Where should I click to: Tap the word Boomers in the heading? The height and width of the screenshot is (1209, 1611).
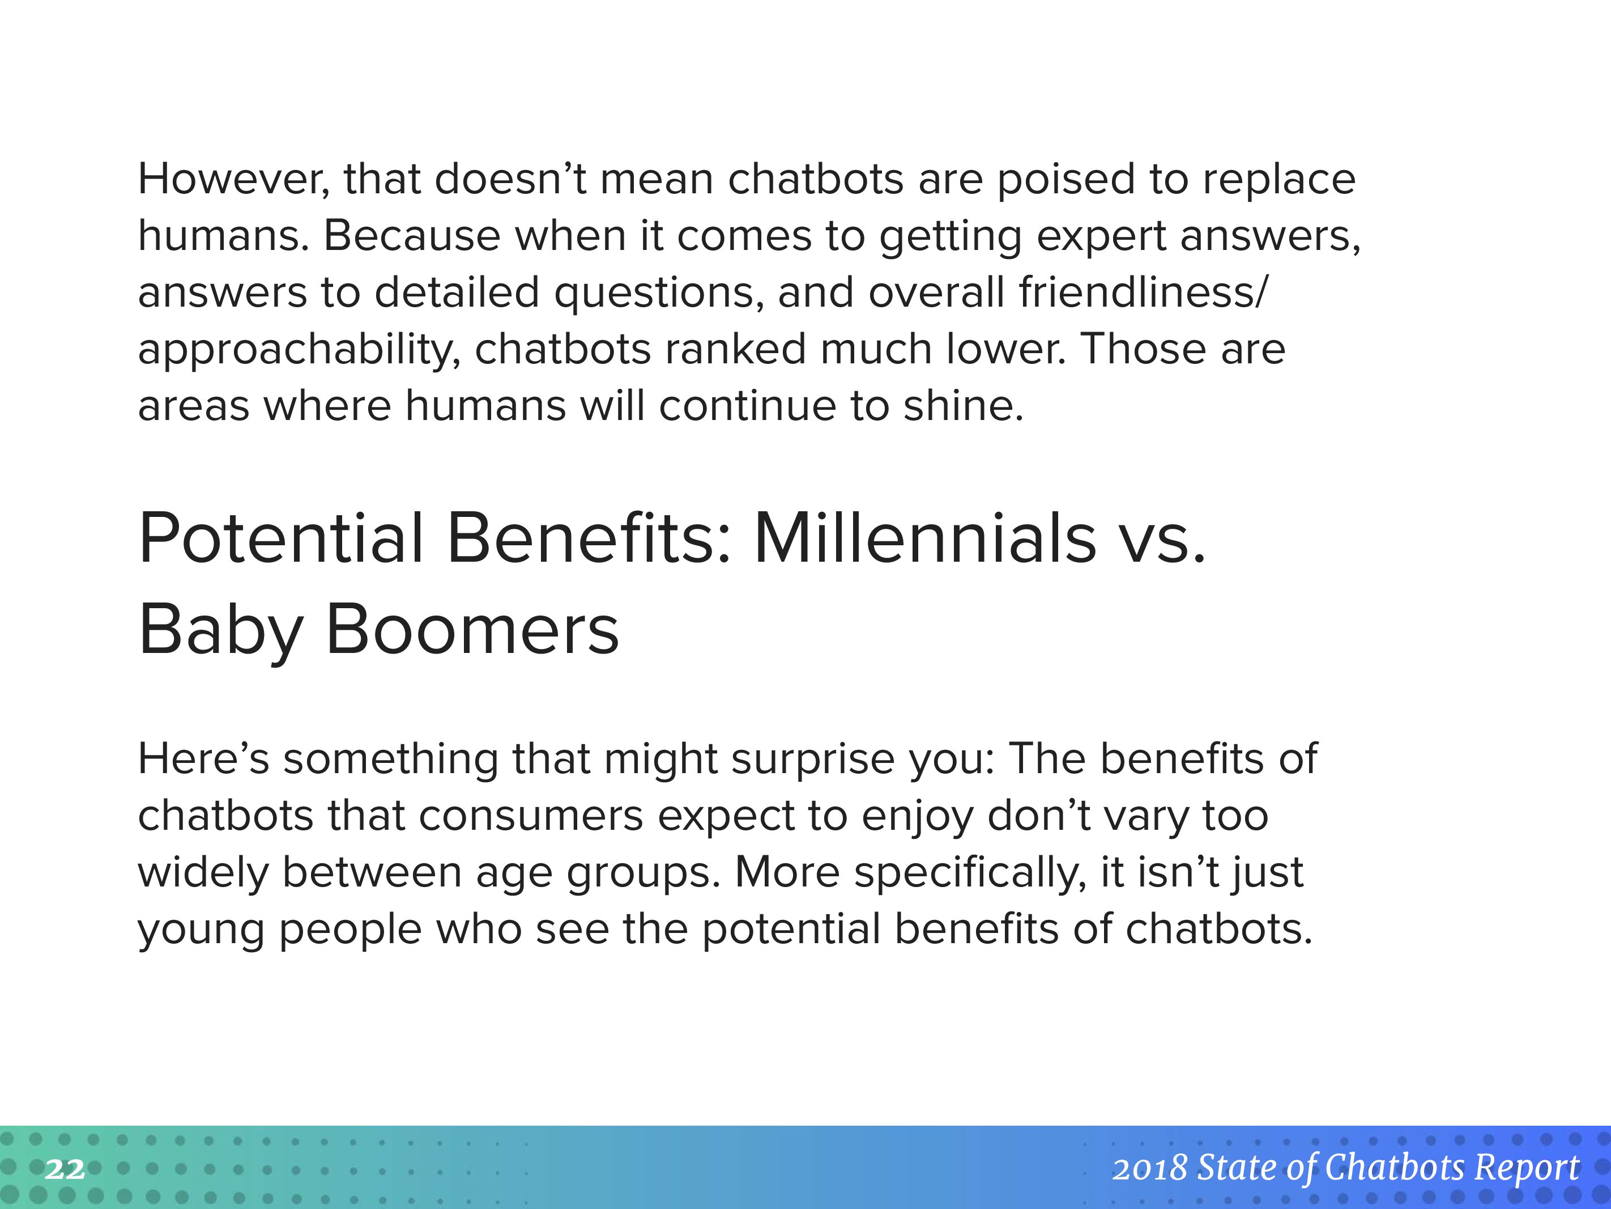pyautogui.click(x=472, y=630)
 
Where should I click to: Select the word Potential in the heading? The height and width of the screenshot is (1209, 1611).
pyautogui.click(x=281, y=538)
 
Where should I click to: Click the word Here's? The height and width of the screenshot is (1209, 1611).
pyautogui.click(x=203, y=758)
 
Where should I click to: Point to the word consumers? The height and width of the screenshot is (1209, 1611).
pyautogui.click(x=531, y=816)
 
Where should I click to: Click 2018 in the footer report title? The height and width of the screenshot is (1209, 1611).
pyautogui.click(x=1150, y=1168)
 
